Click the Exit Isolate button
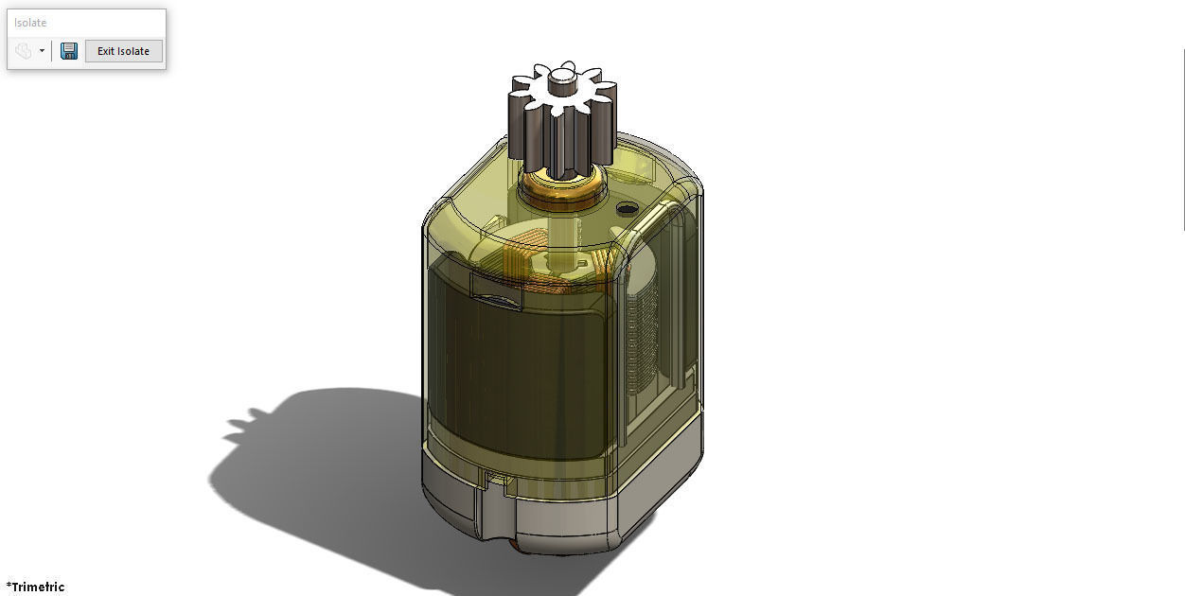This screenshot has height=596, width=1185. (x=123, y=51)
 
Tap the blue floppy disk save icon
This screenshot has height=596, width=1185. (x=69, y=51)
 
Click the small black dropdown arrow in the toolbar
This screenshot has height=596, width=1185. (x=42, y=51)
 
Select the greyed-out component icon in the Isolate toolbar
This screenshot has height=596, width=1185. (x=24, y=51)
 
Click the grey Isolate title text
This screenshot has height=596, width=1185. (x=30, y=23)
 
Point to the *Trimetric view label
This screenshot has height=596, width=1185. (x=35, y=587)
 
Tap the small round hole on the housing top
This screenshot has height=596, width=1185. (x=625, y=207)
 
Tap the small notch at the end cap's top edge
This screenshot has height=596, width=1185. (x=492, y=478)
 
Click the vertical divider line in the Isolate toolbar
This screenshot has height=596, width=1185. (x=52, y=51)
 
